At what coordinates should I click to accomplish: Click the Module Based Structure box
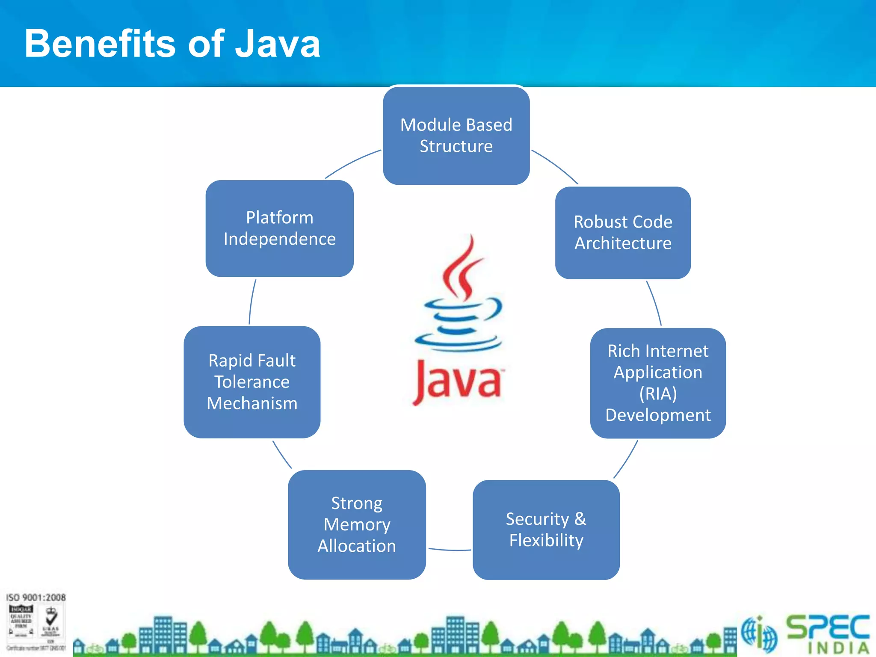456,136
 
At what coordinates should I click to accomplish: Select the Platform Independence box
279,228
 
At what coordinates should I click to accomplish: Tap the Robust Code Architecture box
623,233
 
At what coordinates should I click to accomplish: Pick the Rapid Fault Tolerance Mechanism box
252,382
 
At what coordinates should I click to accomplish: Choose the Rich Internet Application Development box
658,383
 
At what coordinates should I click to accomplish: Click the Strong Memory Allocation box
357,525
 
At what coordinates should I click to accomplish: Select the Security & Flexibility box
546,530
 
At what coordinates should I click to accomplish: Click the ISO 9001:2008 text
36,597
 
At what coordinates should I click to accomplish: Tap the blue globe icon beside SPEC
759,633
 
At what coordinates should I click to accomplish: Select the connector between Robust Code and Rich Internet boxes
654,303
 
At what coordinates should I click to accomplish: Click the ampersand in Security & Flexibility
580,519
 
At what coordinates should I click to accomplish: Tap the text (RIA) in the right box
658,394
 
